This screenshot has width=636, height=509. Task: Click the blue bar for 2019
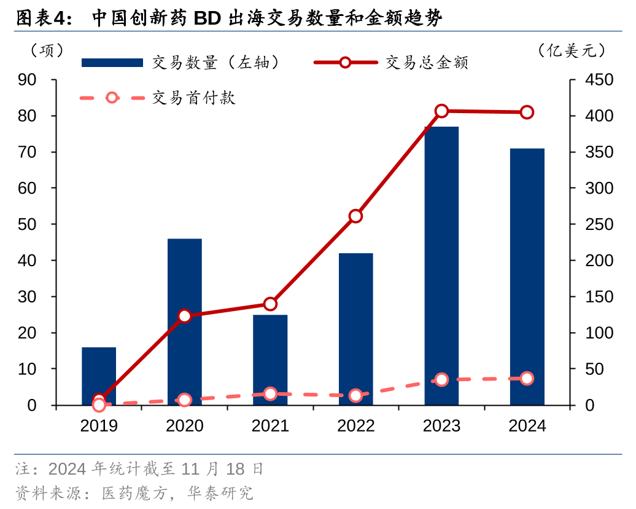[99, 376]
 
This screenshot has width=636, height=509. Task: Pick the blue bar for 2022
[356, 329]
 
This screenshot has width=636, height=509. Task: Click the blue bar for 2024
[527, 277]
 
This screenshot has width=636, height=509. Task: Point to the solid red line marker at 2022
[356, 216]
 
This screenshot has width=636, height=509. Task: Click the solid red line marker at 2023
[441, 111]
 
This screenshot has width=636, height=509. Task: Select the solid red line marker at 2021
[270, 304]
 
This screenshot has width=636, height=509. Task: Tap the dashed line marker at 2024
[527, 379]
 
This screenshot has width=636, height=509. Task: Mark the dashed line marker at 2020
[185, 400]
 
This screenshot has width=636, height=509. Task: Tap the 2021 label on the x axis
[270, 426]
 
